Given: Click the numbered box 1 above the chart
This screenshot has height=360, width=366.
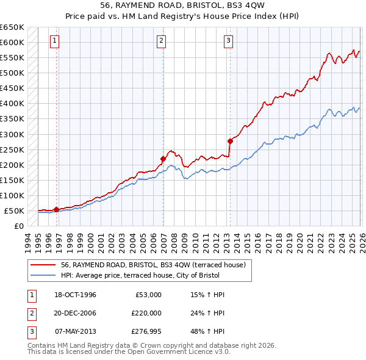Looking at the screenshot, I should tap(54, 41).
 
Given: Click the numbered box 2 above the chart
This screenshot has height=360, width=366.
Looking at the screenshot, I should tap(161, 41).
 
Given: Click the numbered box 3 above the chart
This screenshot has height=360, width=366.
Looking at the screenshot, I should tap(228, 41).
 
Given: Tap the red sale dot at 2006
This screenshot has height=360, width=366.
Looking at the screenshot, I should tap(163, 159).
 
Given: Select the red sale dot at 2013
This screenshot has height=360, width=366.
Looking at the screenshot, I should tap(230, 141).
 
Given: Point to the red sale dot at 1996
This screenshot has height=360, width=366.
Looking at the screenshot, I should tap(56, 209).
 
